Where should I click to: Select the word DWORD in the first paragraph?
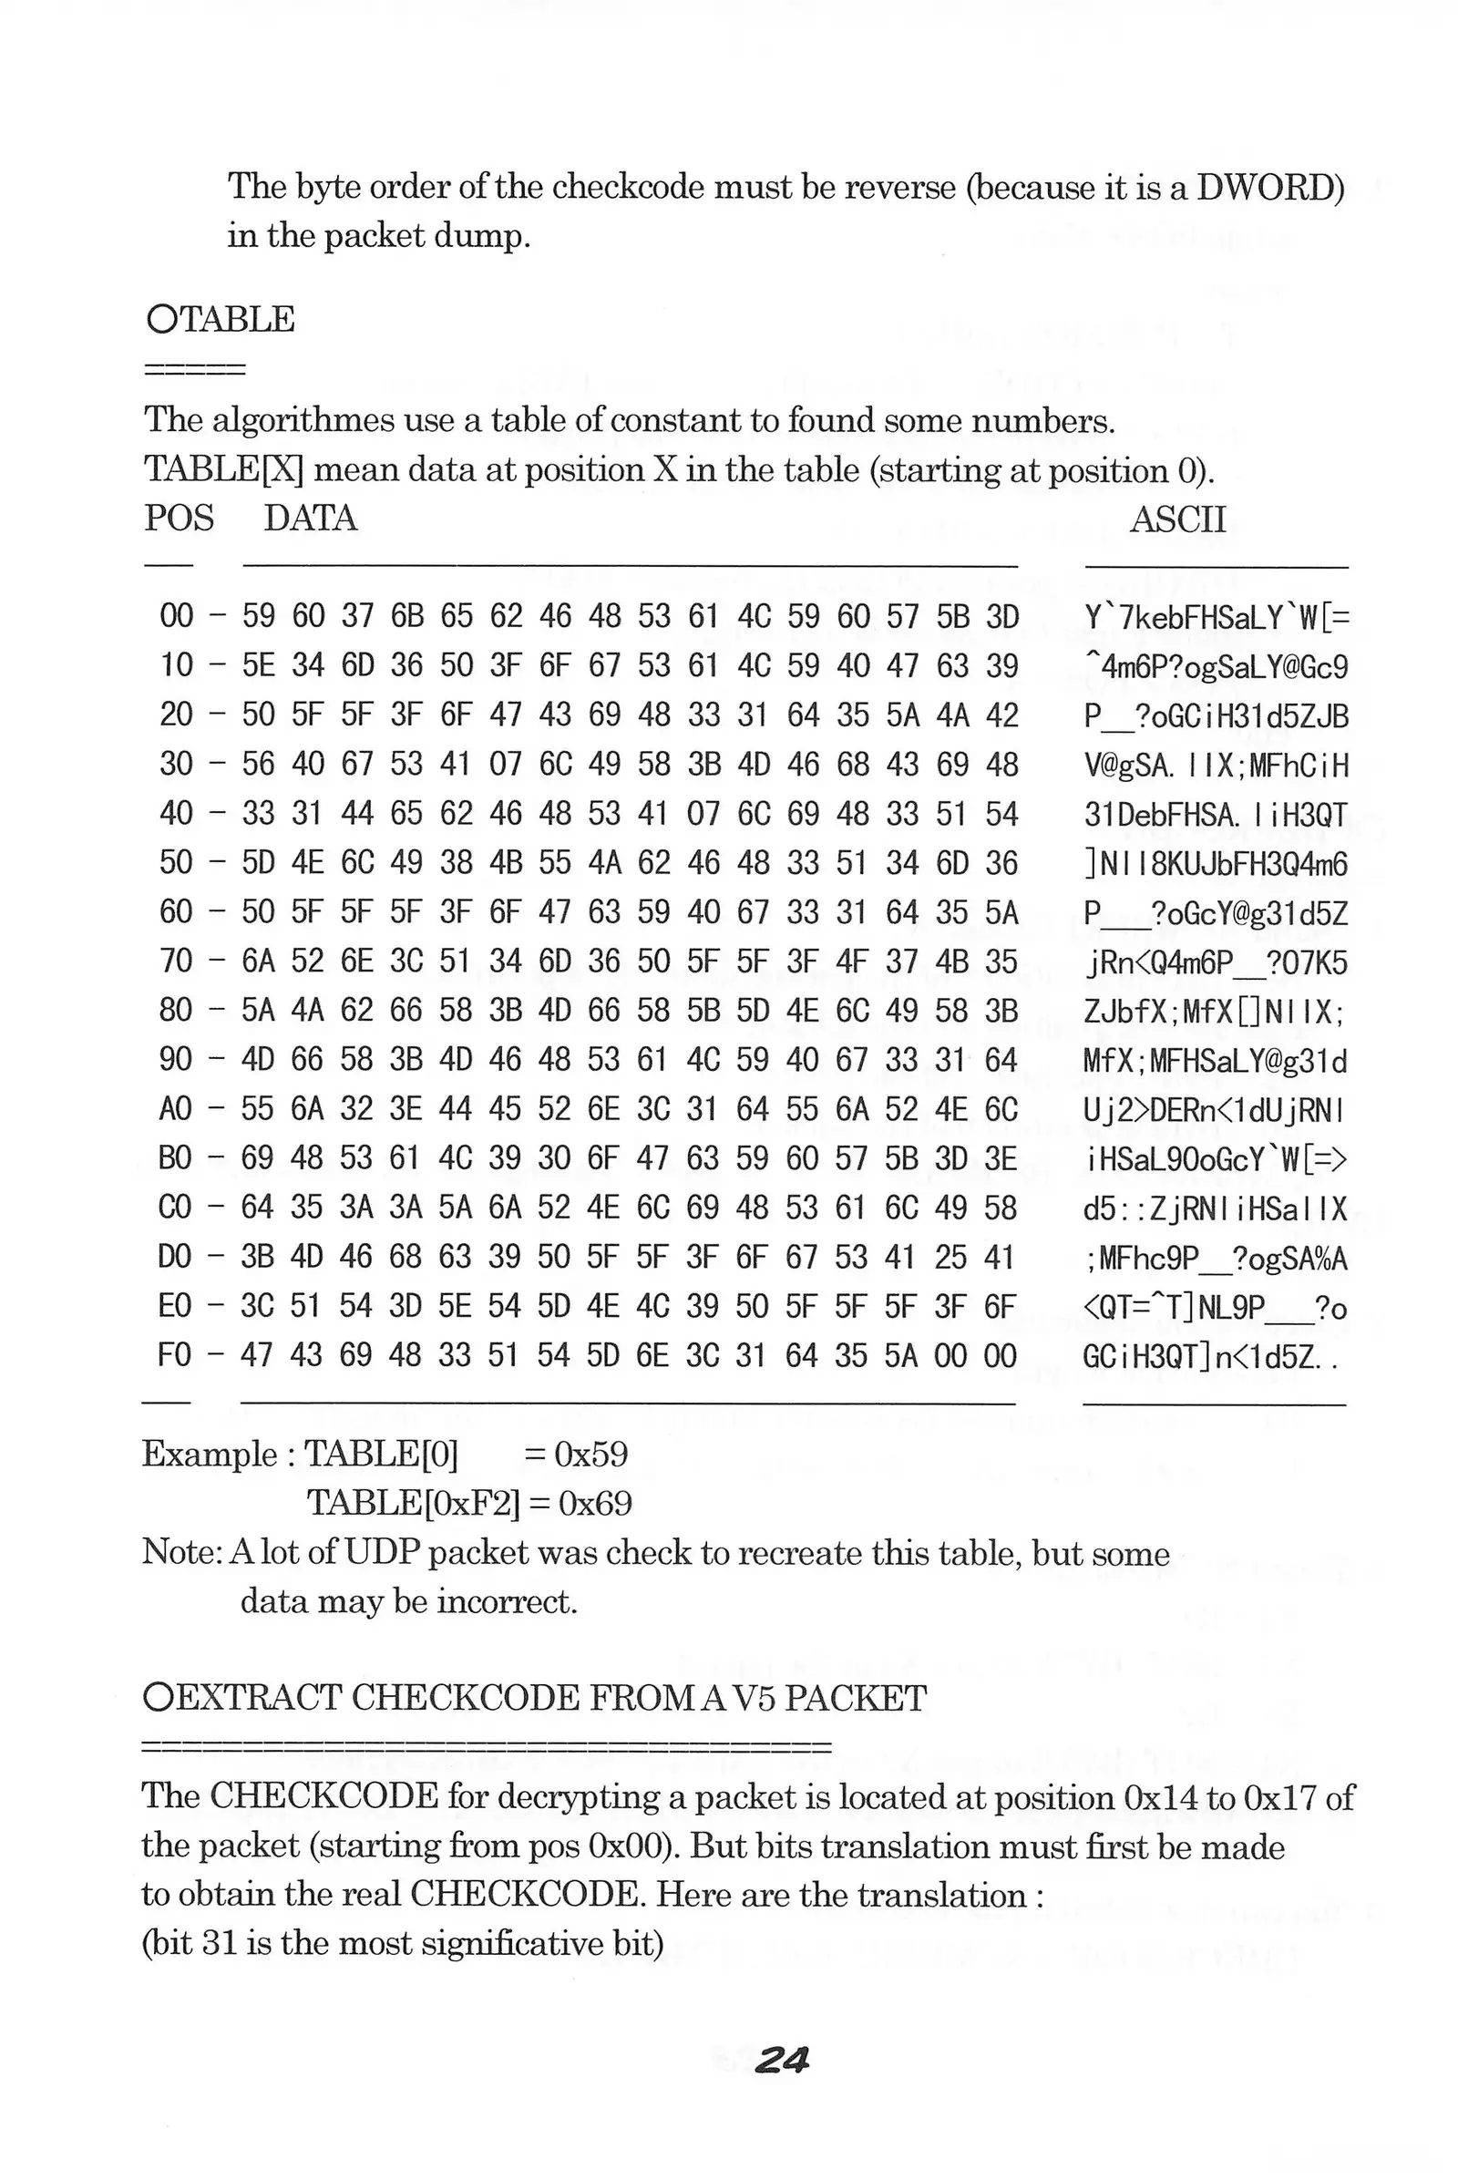tap(1269, 188)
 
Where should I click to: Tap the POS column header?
tap(179, 518)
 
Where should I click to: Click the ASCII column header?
tap(1177, 519)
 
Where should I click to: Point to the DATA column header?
tap(311, 518)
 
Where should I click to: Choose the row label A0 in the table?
tap(176, 1109)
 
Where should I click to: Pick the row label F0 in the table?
tap(176, 1356)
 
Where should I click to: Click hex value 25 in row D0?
tap(950, 1258)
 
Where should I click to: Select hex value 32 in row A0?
tap(357, 1109)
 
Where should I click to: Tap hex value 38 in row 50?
tap(456, 863)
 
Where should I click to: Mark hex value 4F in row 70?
tap(852, 961)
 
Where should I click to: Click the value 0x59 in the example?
tap(590, 1455)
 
